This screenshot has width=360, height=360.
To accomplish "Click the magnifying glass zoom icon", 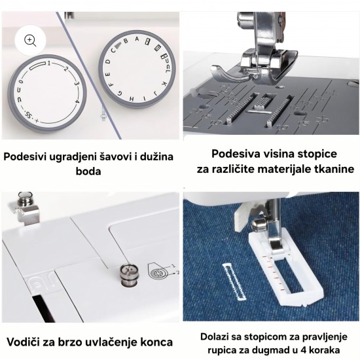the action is click(x=30, y=41).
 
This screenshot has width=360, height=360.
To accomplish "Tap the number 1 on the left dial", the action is click(x=49, y=63).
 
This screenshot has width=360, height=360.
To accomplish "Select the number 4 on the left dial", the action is click(x=77, y=101).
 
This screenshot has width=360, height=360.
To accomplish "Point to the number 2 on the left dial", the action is click(x=66, y=69).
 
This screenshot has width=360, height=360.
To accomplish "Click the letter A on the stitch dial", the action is click(x=137, y=39).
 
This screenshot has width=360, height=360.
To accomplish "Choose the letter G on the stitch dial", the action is click(x=120, y=93).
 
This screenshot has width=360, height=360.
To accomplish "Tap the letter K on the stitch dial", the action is click(x=164, y=84).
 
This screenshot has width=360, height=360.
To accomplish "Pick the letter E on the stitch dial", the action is click(x=109, y=74).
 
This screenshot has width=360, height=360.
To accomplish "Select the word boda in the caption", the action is click(x=88, y=171).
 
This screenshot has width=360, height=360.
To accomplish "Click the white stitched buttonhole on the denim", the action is click(x=234, y=281).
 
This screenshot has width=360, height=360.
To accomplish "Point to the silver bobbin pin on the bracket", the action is click(x=26, y=199).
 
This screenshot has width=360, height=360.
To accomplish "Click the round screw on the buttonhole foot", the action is click(x=259, y=225).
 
